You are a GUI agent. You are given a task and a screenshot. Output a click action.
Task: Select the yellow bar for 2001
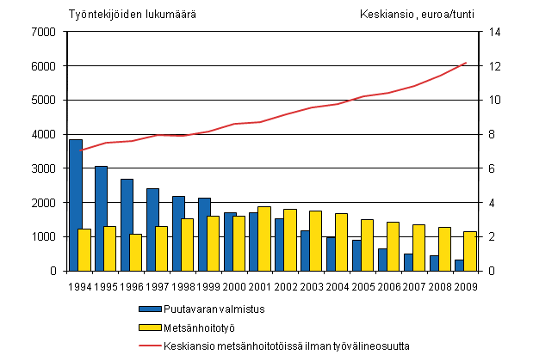pyautogui.click(x=264, y=238)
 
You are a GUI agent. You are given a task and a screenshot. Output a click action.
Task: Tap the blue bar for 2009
pyautogui.click(x=458, y=265)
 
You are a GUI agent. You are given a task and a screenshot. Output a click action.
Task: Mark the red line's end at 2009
pyautogui.click(x=465, y=63)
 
